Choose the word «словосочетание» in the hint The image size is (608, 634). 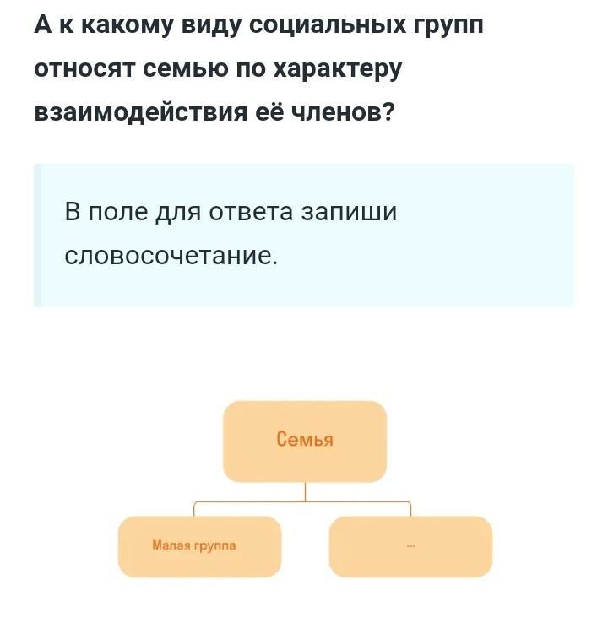point(171,254)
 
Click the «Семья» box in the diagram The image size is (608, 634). point(304,441)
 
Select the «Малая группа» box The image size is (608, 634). point(198,546)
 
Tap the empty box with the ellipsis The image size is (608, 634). point(410,546)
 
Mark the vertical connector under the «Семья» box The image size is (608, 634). point(305,491)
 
